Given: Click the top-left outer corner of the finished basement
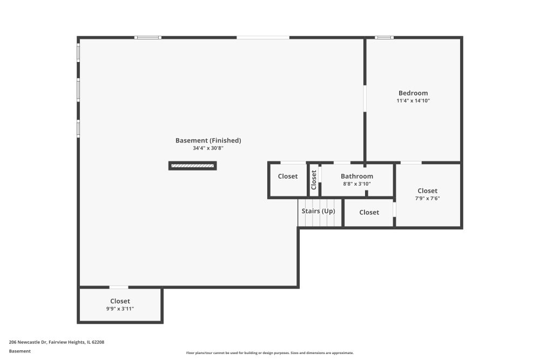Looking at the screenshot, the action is tap(77, 36).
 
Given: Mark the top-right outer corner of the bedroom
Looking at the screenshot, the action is tap(463, 36).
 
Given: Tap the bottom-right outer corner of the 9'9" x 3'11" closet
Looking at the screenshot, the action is tap(163, 323).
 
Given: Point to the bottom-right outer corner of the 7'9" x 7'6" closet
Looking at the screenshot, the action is tap(463, 228).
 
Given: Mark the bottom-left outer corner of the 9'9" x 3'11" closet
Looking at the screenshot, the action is tap(77, 323).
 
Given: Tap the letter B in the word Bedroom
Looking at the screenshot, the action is tap(401, 93).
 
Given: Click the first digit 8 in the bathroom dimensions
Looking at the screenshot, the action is tap(345, 184).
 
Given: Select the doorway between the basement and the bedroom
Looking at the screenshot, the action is tap(364, 98).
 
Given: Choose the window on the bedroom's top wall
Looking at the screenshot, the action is tap(384, 38).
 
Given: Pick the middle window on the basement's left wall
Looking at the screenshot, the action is tap(78, 90).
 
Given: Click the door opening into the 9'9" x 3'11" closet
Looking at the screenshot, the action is tap(119, 287).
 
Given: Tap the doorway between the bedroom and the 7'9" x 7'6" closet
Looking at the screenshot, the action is tap(411, 162).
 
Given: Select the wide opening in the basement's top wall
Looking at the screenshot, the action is tap(263, 38).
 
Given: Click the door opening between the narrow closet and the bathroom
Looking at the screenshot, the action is tap(320, 174).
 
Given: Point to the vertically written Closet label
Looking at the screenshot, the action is tap(314, 180).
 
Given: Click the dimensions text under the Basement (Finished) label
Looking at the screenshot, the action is tap(208, 148).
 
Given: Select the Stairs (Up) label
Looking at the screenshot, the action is tap(318, 211).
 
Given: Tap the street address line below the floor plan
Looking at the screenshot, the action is tap(57, 342).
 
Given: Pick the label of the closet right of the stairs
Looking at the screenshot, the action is tap(369, 212).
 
